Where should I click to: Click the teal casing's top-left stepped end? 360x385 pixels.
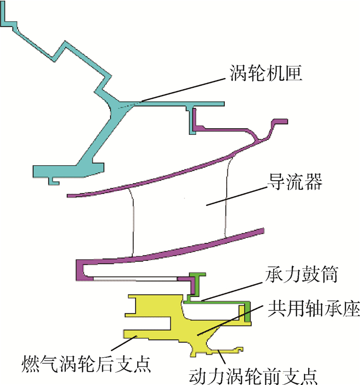7,21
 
